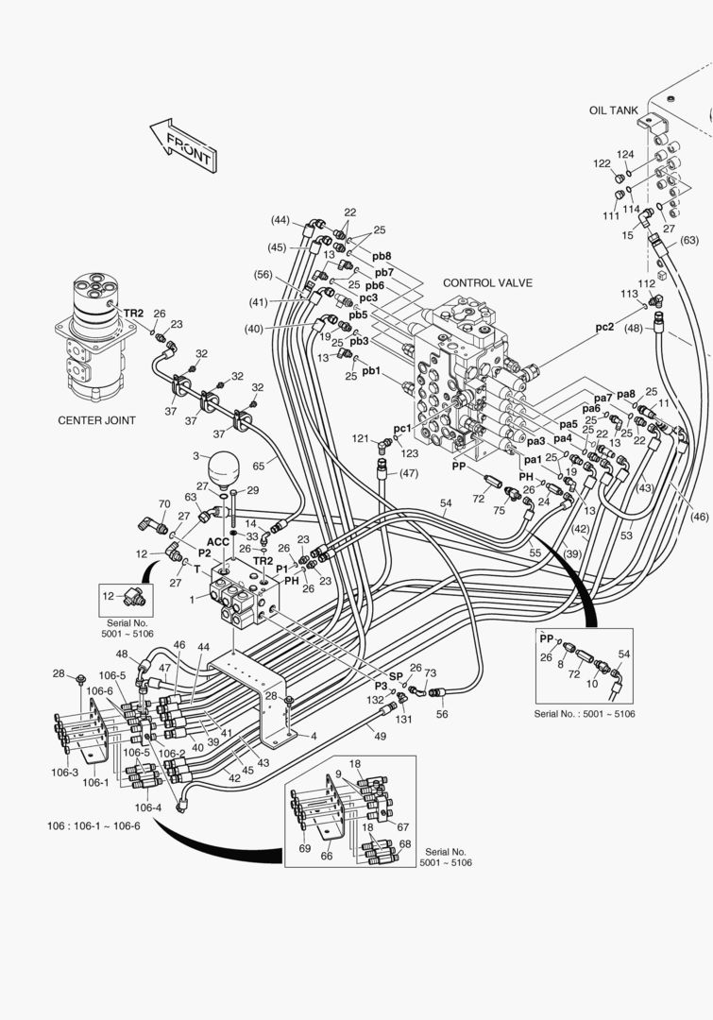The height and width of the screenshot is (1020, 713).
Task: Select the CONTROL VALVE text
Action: tap(487, 282)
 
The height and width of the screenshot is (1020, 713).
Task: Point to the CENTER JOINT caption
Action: tap(96, 420)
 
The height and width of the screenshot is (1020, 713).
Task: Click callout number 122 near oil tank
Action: tap(602, 163)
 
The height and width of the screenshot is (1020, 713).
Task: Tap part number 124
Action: tap(625, 154)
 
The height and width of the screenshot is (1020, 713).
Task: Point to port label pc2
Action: tap(604, 327)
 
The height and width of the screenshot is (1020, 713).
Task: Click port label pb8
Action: tap(382, 255)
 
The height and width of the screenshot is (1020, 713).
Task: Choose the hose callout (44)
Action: tap(280, 220)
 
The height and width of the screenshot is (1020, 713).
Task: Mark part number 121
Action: tap(360, 439)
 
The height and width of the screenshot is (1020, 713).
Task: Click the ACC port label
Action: tap(218, 541)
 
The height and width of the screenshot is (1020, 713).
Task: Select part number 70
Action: tap(163, 504)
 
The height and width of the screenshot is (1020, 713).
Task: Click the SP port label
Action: tap(396, 675)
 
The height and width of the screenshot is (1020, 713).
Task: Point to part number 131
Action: tap(405, 719)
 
